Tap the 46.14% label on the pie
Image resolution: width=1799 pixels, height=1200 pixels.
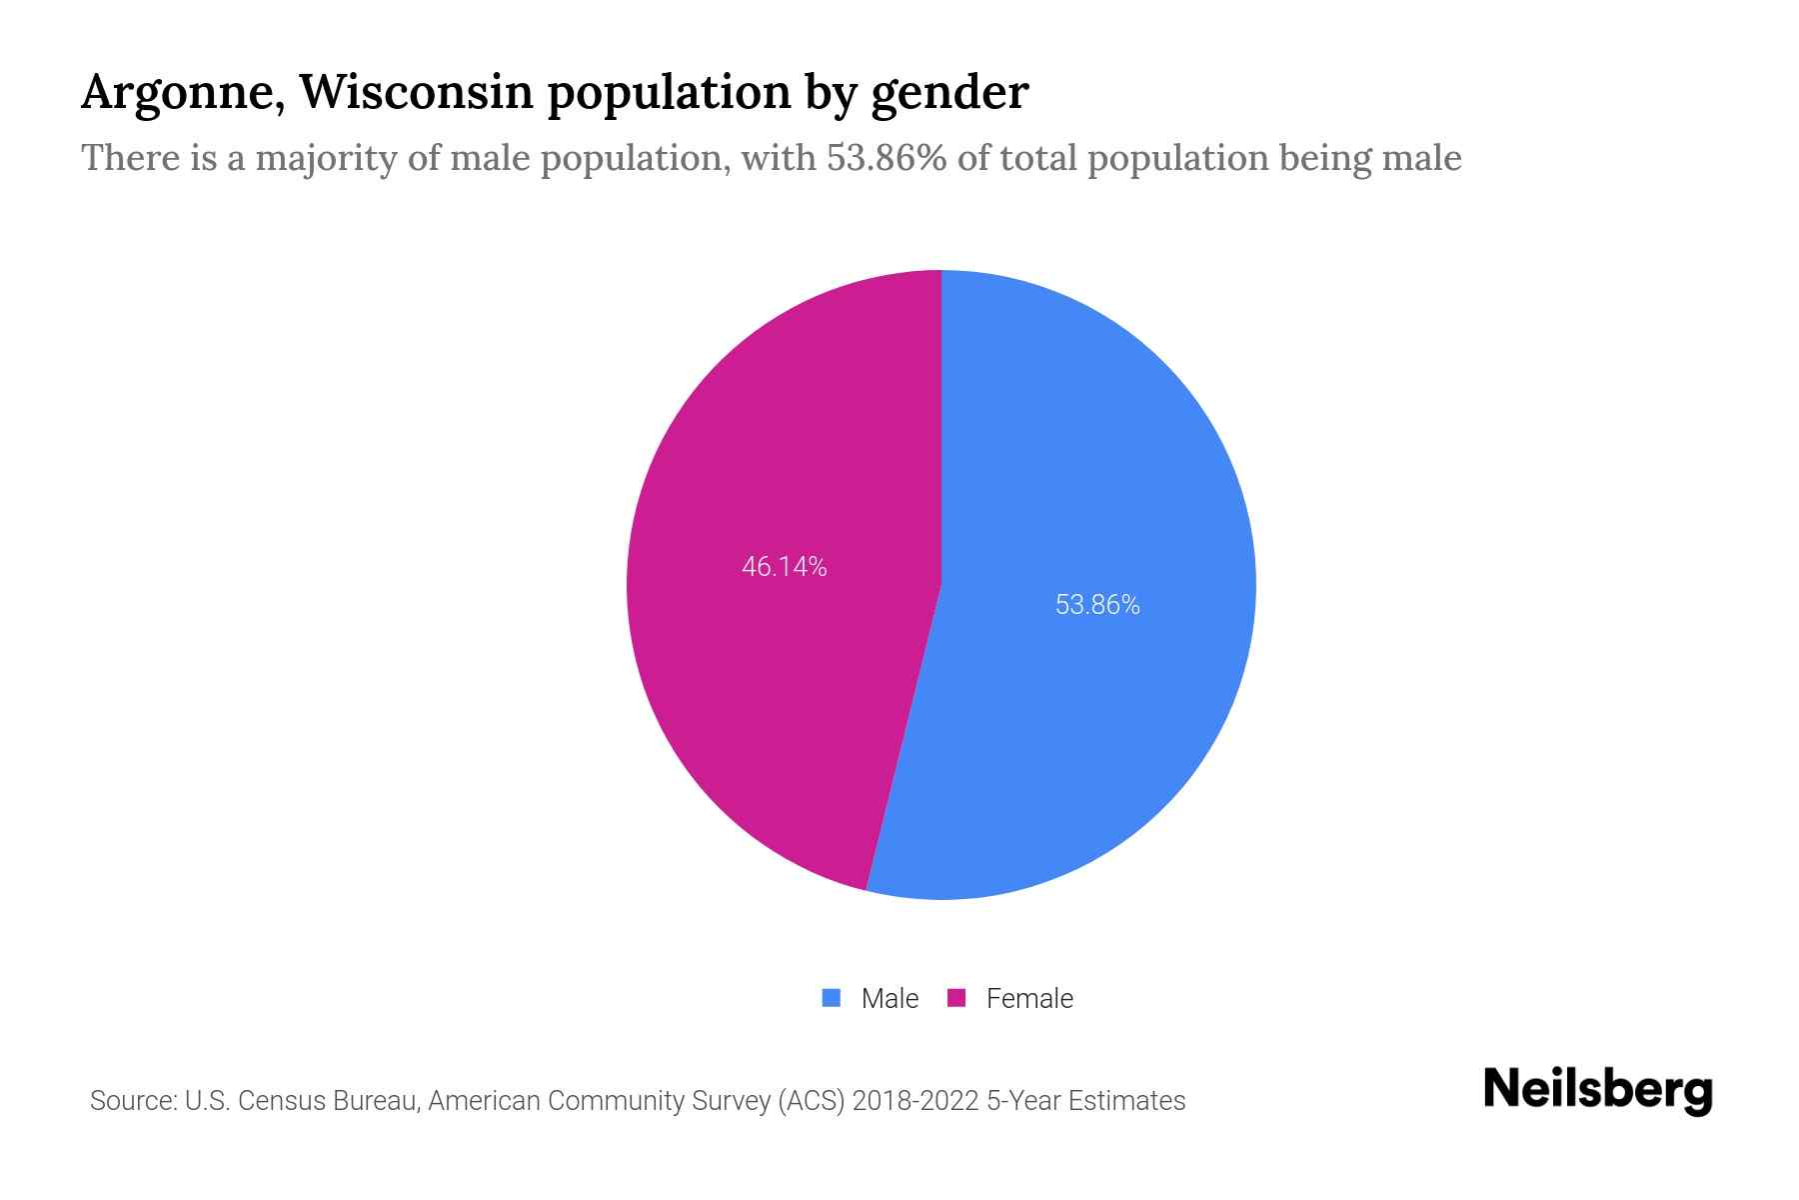(x=784, y=567)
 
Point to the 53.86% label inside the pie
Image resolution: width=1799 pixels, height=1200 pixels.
(x=1097, y=605)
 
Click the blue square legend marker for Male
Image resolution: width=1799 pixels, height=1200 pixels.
(x=831, y=998)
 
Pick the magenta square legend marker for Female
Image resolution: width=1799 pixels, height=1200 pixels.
(x=956, y=998)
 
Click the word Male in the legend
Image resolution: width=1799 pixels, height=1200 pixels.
(x=890, y=998)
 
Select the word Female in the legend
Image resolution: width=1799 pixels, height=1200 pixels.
(x=1029, y=998)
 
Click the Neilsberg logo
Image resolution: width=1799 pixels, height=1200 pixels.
(x=1597, y=1091)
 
